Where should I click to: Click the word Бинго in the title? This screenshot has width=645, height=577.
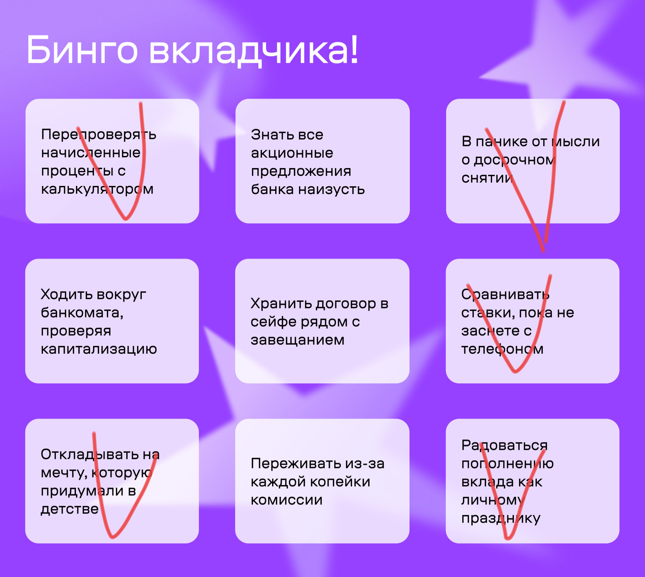[x=82, y=50]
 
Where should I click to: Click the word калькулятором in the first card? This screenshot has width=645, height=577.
[x=97, y=190]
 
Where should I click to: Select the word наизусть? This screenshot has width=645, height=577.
[x=331, y=190]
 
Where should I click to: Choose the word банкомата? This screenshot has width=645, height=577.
[x=82, y=313]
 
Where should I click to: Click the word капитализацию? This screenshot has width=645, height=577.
[x=99, y=350]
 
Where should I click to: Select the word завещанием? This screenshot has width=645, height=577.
[x=298, y=340]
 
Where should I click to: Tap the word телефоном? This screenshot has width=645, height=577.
[x=502, y=350]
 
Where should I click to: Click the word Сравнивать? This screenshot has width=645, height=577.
[x=505, y=295]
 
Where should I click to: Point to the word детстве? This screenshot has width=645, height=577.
[x=70, y=509]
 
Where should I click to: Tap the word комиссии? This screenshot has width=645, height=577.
[x=287, y=500]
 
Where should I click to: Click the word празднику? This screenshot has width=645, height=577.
[x=501, y=519]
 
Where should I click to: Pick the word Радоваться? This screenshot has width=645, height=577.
[x=505, y=446]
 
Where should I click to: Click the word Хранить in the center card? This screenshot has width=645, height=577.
[x=281, y=304]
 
